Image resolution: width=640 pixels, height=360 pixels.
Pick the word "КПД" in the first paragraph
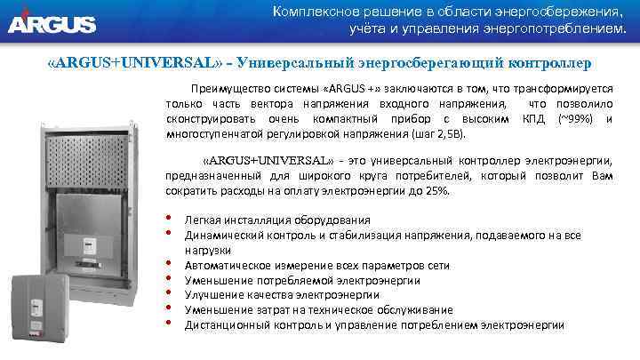pyautogui.click(x=533, y=118)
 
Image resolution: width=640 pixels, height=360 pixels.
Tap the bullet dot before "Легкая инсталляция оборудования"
pyautogui.click(x=168, y=219)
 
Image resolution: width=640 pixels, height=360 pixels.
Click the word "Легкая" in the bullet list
pyautogui.click(x=203, y=220)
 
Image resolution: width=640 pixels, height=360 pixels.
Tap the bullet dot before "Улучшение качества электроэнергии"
pyautogui.click(x=168, y=293)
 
